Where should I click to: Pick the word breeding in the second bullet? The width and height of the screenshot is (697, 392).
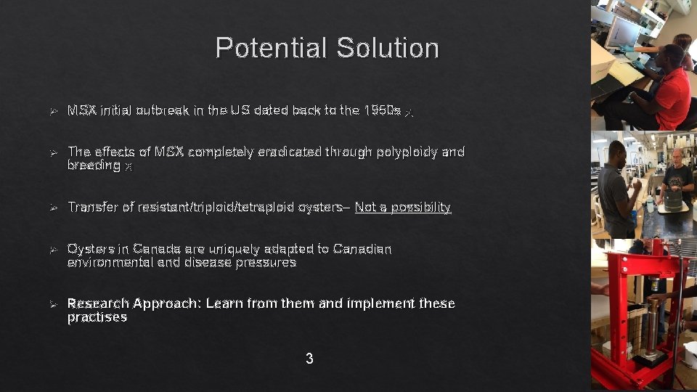tap(94, 166)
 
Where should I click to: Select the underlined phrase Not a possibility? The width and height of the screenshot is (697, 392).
tap(403, 208)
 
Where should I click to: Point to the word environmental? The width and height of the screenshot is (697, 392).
tap(110, 263)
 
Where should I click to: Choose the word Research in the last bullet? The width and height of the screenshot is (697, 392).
tap(97, 303)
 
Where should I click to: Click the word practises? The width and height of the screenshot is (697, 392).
tap(97, 317)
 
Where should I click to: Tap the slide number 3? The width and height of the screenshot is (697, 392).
tap(309, 359)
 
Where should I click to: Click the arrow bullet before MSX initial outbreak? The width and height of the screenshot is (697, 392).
tap(52, 112)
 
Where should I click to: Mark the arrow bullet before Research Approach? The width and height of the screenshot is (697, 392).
tap(52, 303)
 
